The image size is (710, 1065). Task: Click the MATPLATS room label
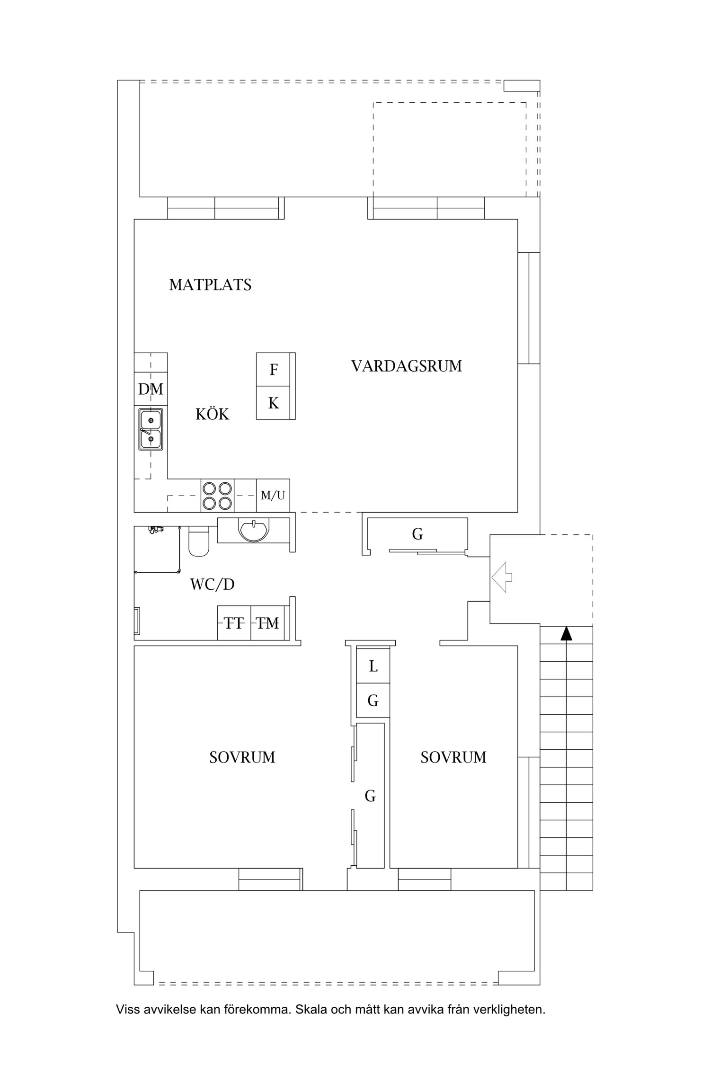tap(210, 285)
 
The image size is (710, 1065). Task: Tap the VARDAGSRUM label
tap(406, 366)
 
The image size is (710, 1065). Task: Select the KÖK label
tap(212, 415)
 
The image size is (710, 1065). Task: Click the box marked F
tap(273, 370)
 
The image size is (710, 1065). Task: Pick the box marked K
tap(273, 403)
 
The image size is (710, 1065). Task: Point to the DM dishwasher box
tap(151, 389)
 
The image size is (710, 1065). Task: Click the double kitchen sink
tap(151, 429)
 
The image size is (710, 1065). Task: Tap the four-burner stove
tap(217, 496)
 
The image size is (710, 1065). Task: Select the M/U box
tap(273, 496)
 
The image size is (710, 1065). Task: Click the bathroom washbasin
tap(254, 530)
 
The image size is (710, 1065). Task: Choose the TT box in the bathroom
tap(234, 623)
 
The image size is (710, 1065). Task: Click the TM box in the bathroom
tap(267, 623)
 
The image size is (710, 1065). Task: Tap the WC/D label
tap(212, 585)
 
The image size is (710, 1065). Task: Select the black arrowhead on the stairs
tap(566, 633)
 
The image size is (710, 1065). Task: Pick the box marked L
tap(373, 666)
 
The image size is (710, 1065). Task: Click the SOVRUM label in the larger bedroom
tap(242, 757)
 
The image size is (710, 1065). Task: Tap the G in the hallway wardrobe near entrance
tap(417, 534)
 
